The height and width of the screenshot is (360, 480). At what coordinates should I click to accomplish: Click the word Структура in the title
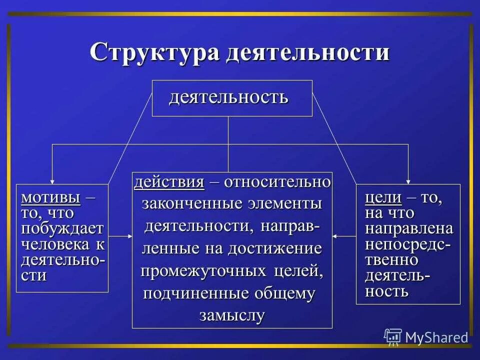[154, 52]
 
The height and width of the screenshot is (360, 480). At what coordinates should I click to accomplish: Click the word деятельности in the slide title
[307, 52]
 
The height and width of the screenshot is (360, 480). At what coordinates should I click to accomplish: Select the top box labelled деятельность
[232, 98]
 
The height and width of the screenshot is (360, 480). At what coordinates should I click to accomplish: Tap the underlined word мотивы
[50, 197]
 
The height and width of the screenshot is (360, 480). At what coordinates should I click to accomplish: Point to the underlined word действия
[169, 182]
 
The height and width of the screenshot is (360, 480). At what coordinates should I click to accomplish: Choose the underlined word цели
[383, 197]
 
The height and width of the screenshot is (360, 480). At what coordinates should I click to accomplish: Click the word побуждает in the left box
[62, 229]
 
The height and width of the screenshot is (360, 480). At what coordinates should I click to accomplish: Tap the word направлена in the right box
[409, 228]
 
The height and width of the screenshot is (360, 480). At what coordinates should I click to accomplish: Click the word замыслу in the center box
[232, 315]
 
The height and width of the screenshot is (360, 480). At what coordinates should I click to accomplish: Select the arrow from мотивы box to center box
[120, 236]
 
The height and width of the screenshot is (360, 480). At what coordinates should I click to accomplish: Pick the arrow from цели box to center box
[344, 236]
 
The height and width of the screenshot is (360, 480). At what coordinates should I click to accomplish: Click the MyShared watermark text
[436, 337]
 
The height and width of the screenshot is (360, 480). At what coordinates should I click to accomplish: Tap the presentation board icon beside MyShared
[393, 337]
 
